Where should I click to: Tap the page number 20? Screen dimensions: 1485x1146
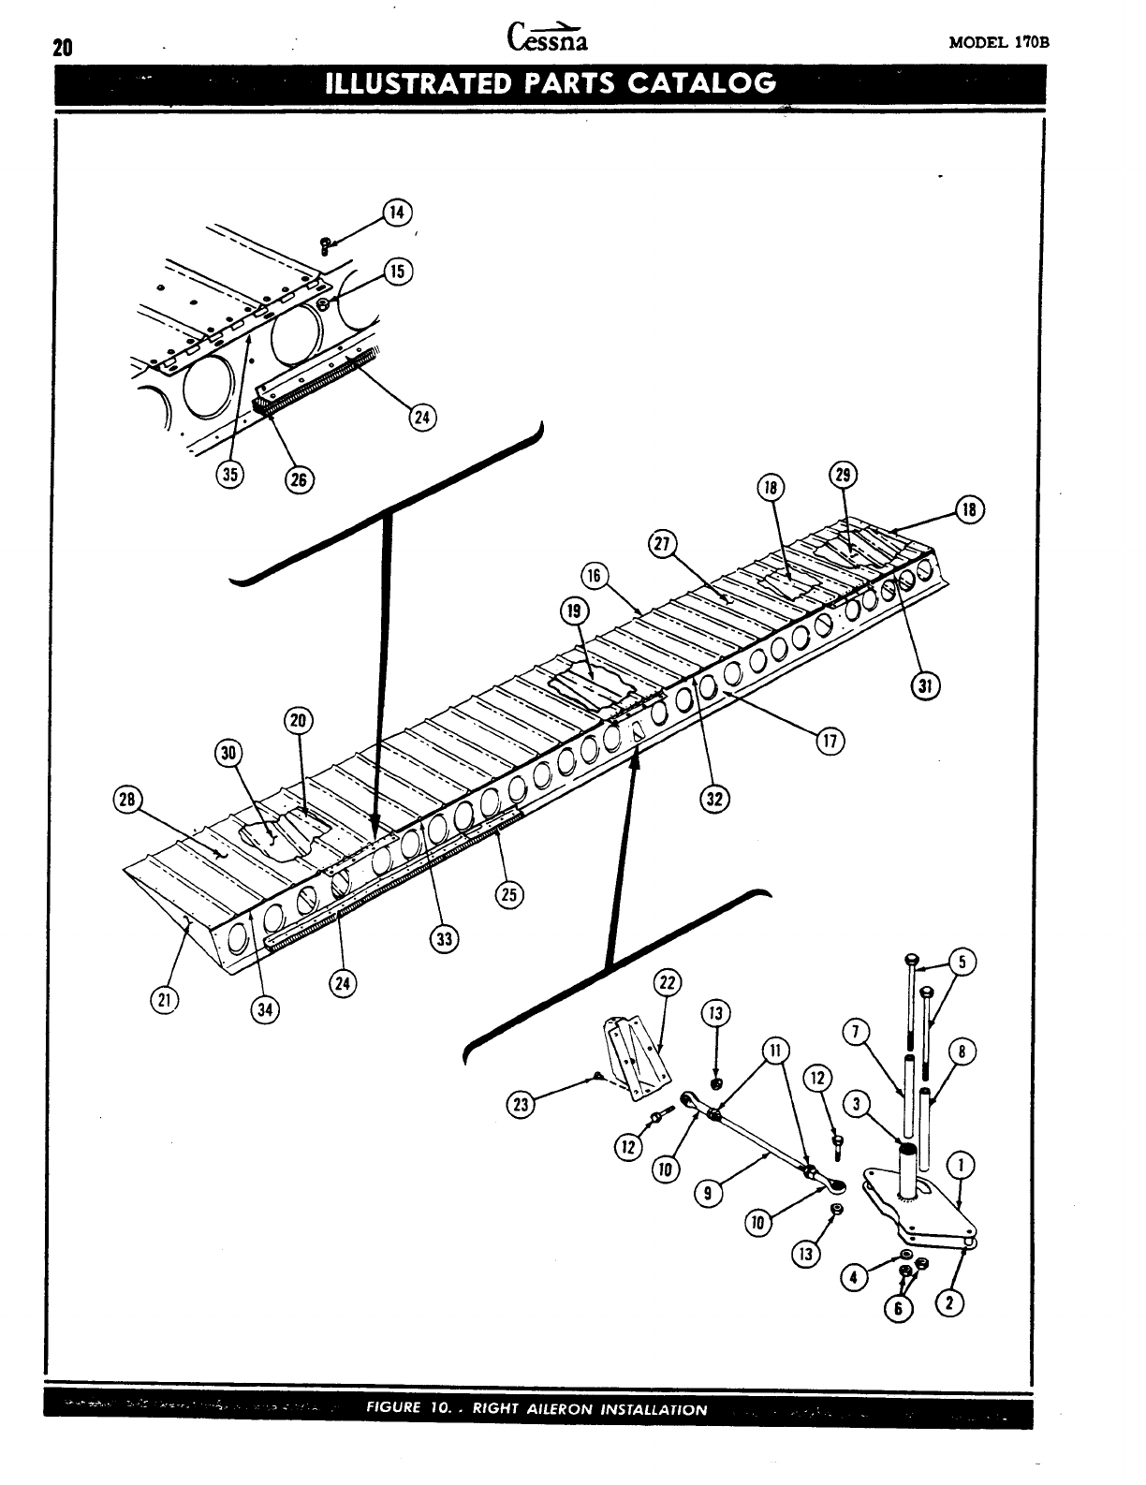[63, 49]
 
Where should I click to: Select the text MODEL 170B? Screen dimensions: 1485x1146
[1006, 43]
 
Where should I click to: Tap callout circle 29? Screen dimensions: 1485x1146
[843, 475]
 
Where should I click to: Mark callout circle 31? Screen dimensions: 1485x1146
[925, 687]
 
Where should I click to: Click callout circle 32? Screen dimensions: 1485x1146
[714, 799]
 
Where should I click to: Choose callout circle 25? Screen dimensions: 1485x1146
[509, 893]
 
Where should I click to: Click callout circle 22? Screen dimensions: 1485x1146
[668, 983]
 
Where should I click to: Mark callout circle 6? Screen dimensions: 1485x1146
[899, 1309]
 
